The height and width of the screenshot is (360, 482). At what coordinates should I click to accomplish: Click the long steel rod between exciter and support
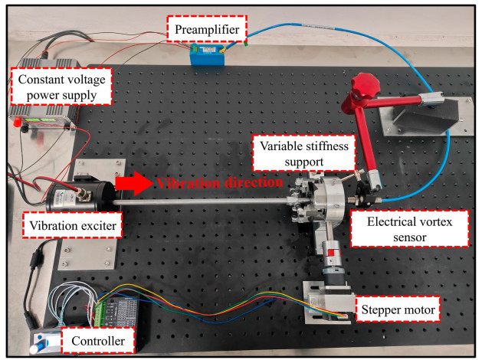click(x=199, y=203)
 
